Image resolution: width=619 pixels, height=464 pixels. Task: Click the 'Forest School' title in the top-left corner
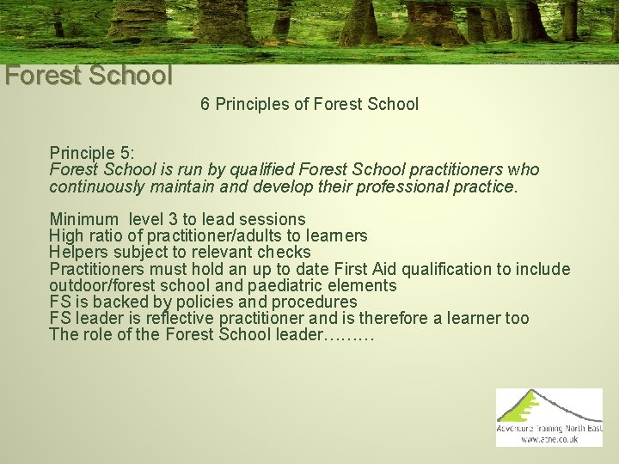(x=89, y=76)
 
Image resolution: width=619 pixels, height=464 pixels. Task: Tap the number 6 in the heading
(x=205, y=105)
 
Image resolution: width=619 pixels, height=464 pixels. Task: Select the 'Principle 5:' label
(x=92, y=153)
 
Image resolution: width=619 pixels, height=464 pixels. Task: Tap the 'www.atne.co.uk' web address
(x=549, y=439)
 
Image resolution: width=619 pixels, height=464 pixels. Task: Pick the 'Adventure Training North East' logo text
(x=549, y=428)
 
